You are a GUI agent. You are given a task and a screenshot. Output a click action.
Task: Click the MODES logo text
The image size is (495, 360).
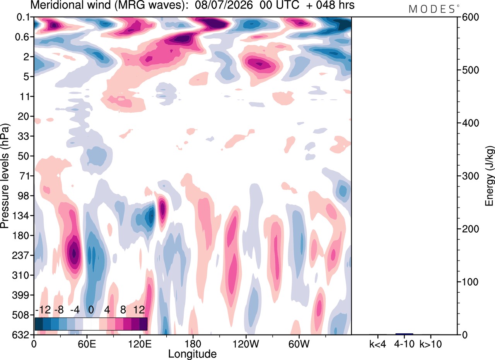432,9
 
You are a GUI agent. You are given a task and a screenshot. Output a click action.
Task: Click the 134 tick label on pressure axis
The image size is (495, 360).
20,216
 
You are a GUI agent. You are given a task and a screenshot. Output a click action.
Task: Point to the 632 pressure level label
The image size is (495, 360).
20,335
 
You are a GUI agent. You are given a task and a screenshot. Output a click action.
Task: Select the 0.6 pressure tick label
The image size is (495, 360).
22,37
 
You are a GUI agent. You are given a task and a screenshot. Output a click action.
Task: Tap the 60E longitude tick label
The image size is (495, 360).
87,344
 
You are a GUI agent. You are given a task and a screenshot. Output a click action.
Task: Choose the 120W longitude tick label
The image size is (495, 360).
246,344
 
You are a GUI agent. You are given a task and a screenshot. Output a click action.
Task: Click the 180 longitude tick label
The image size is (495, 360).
193,344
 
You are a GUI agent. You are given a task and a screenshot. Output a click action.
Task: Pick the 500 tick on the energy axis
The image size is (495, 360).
470,70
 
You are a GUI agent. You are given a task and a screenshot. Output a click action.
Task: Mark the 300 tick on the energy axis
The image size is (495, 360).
470,176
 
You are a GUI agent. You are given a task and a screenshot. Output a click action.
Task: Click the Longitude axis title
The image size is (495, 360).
192,354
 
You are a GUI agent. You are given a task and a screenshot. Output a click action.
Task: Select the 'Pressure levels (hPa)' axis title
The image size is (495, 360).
5,176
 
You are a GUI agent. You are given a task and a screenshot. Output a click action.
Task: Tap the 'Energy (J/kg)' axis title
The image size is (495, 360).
489,176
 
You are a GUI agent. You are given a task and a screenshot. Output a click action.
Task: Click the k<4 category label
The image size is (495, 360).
378,344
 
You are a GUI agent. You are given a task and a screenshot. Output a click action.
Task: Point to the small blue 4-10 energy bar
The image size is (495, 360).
404,334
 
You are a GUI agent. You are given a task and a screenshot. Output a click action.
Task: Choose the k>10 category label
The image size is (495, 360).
431,344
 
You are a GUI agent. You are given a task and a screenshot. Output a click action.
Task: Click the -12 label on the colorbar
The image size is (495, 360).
43,310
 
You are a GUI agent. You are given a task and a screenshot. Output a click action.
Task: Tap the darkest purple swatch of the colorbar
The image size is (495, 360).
143,324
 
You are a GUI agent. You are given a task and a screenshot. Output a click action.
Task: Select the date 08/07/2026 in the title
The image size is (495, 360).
224,5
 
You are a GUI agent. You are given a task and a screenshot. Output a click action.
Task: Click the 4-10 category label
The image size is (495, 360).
404,344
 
